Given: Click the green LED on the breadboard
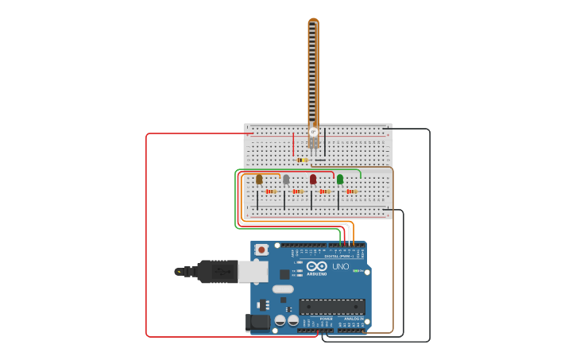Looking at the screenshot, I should [340, 180].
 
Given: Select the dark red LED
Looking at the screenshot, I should [313, 180].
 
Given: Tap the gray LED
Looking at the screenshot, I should [286, 180].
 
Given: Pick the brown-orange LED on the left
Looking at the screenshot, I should [259, 180].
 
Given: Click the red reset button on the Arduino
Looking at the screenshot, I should [261, 250].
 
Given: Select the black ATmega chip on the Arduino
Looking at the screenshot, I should [332, 306].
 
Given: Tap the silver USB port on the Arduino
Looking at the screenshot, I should [253, 273].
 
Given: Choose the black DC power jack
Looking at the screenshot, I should [257, 322].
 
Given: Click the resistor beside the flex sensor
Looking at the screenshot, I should [303, 160].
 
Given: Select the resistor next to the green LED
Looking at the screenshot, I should [351, 192].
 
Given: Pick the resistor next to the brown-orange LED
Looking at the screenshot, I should [270, 192].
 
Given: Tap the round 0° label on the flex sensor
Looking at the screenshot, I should [313, 131].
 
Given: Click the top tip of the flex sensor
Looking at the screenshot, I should [313, 21].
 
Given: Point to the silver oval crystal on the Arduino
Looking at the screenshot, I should [283, 289].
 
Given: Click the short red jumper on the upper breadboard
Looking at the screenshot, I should [293, 144].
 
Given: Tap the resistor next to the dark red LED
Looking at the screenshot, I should [324, 192].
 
